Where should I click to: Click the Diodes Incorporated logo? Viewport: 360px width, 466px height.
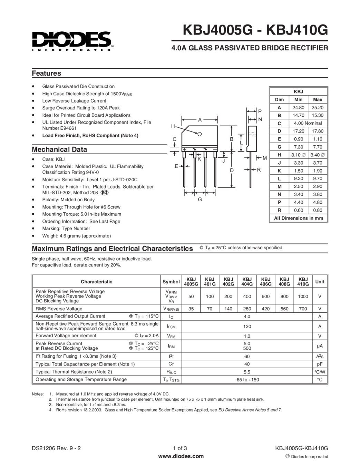click(x=72, y=41)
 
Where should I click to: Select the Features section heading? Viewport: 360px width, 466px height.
click(x=46, y=73)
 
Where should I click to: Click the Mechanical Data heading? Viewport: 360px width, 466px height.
click(x=59, y=149)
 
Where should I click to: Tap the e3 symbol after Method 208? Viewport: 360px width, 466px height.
click(x=104, y=193)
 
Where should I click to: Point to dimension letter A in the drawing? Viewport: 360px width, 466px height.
click(x=200, y=120)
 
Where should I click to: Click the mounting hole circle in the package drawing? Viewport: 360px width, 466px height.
click(x=200, y=133)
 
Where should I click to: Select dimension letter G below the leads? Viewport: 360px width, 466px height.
click(x=200, y=199)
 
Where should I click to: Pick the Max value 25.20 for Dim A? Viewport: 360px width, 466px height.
click(x=317, y=107)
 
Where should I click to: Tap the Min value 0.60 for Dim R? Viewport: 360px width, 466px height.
click(x=298, y=210)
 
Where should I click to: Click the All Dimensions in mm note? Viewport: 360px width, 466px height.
click(x=299, y=218)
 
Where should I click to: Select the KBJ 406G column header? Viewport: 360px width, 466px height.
click(x=266, y=281)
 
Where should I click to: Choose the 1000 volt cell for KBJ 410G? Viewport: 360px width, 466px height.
click(x=303, y=296)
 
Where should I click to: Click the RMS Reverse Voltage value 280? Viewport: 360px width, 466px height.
click(x=247, y=309)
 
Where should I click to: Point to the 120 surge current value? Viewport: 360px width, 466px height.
click(x=247, y=326)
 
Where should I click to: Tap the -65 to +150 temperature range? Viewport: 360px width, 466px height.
click(x=247, y=380)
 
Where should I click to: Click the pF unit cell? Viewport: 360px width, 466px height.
click(x=320, y=364)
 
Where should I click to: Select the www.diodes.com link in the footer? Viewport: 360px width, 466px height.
click(x=181, y=456)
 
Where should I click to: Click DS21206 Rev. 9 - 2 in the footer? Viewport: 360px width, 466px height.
click(x=56, y=448)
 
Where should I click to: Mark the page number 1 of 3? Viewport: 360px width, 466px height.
click(x=180, y=448)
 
